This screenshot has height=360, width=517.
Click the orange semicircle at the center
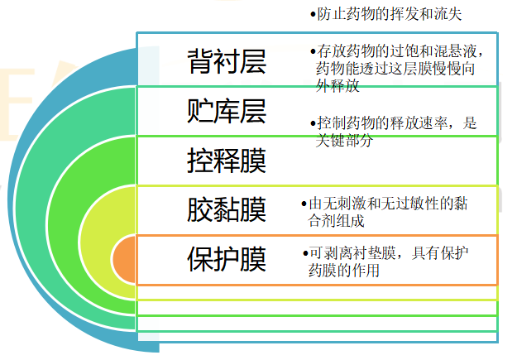pyautogui.click(x=124, y=258)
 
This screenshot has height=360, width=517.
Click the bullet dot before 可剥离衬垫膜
pyautogui.click(x=304, y=253)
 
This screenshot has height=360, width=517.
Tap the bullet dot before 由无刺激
pyautogui.click(x=304, y=204)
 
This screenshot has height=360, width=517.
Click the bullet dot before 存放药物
pyautogui.click(x=312, y=50)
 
